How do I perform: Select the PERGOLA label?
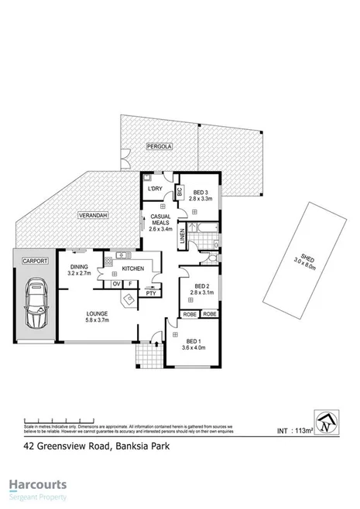tap(157, 145)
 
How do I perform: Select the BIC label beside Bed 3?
tap(178, 190)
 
